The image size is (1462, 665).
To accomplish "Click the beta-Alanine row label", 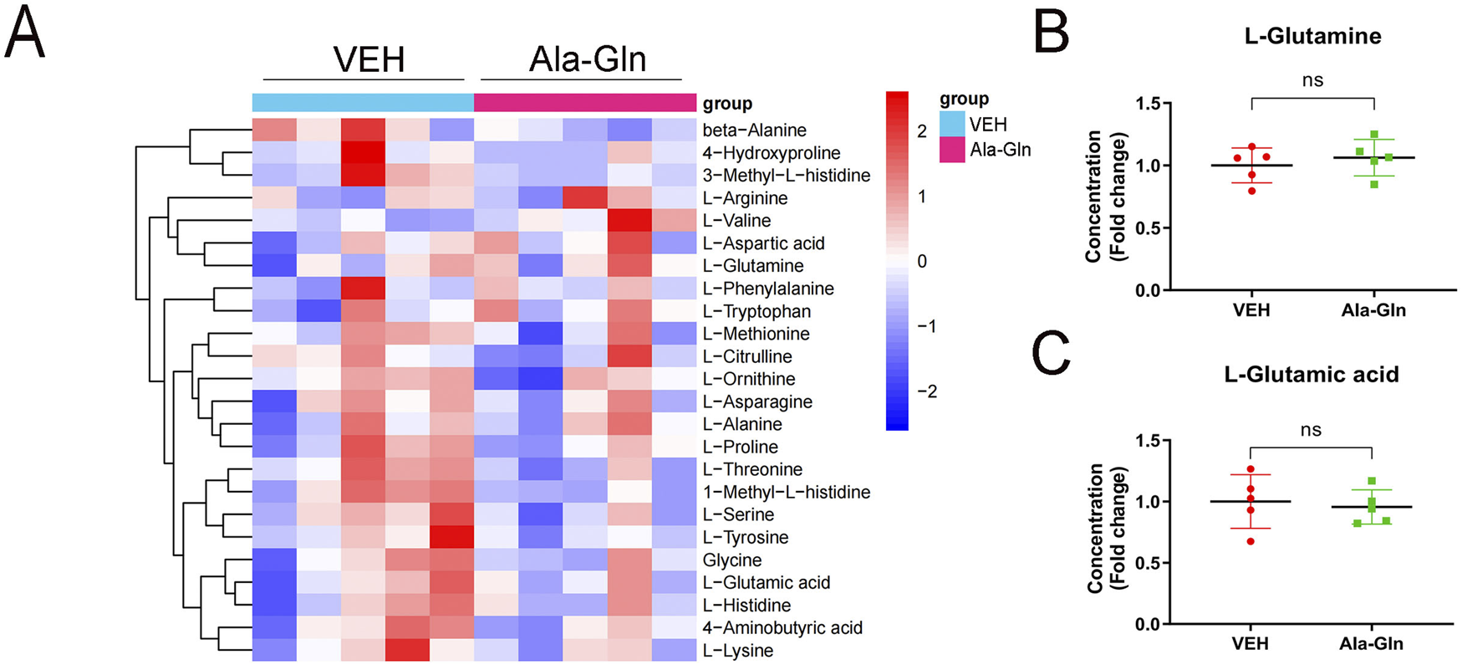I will (754, 130).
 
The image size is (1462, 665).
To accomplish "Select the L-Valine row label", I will (736, 221).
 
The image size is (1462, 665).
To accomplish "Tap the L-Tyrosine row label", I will (745, 537).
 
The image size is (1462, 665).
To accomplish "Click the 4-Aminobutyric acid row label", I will (782, 627).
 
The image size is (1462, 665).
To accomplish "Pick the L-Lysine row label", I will (737, 650).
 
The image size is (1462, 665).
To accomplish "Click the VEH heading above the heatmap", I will (369, 59).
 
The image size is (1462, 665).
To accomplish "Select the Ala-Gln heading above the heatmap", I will (588, 59).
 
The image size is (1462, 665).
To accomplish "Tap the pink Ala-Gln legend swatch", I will (952, 150).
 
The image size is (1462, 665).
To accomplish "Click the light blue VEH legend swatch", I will (952, 125).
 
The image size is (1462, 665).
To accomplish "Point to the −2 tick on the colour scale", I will (926, 391).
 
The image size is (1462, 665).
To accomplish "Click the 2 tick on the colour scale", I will (921, 131).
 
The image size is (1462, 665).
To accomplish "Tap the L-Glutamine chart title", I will (1312, 37).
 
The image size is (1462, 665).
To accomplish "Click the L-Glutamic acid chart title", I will (1311, 374).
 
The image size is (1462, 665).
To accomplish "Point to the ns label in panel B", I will (1312, 80).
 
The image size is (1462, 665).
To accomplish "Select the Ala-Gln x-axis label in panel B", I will (1373, 310).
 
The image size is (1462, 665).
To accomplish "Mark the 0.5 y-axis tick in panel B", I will (1148, 228).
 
